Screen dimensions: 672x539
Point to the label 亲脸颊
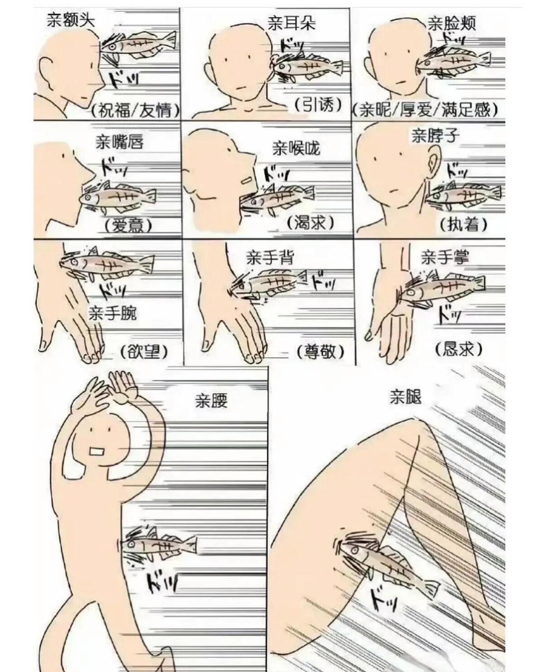[451, 23]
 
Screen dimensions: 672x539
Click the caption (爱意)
[128, 225]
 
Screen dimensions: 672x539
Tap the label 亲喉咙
[296, 148]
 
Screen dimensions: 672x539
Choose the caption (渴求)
[311, 222]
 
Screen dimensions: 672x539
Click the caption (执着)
[463, 224]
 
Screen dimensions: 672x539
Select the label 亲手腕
[112, 313]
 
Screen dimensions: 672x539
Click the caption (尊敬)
[320, 351]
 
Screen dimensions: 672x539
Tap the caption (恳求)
[458, 349]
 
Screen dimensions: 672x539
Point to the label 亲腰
[211, 400]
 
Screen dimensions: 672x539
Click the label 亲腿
[405, 397]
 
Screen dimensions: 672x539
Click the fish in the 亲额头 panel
[138, 45]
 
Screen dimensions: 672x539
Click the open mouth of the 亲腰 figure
[97, 451]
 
